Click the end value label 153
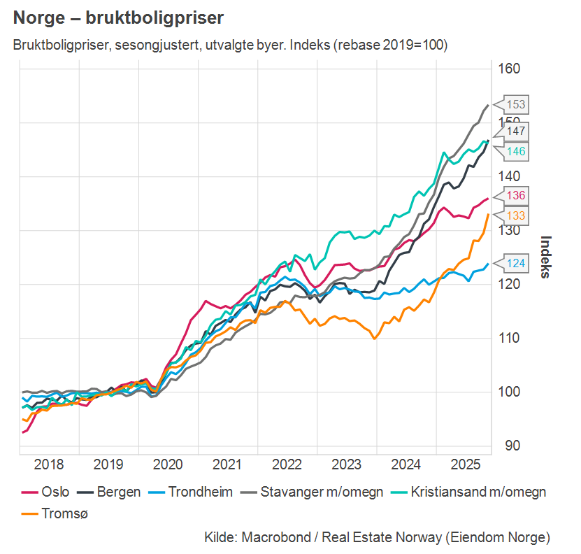coord(516,105)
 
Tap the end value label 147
coord(516,131)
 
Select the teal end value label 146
coord(516,151)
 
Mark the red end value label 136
coord(516,196)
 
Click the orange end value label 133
coord(516,215)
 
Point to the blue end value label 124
coord(516,264)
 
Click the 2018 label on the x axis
coord(49,464)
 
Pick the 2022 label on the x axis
coord(287,464)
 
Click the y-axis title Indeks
coord(546,257)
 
